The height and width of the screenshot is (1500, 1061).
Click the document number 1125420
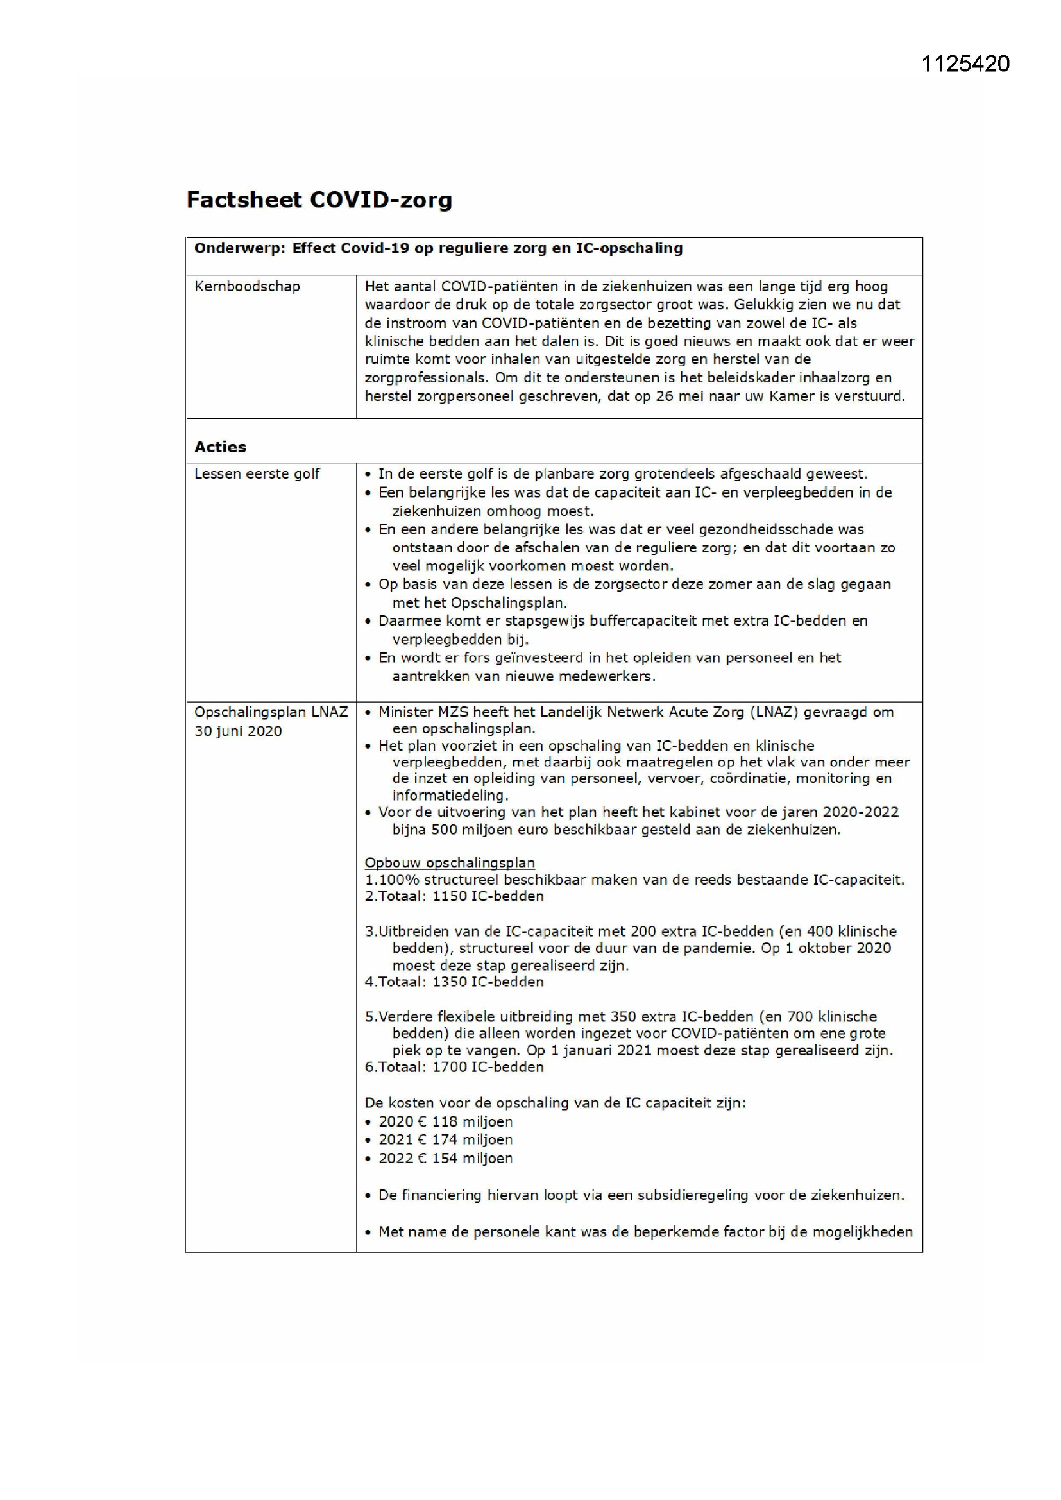(x=965, y=64)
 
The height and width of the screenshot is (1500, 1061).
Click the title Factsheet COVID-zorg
(x=319, y=200)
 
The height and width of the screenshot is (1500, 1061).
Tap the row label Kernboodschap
(x=247, y=286)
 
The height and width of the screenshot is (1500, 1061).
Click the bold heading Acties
(x=220, y=447)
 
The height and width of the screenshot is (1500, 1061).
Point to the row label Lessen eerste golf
(x=257, y=473)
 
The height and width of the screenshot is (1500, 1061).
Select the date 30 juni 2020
(x=238, y=731)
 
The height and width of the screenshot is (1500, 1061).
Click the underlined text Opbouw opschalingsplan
(x=450, y=862)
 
